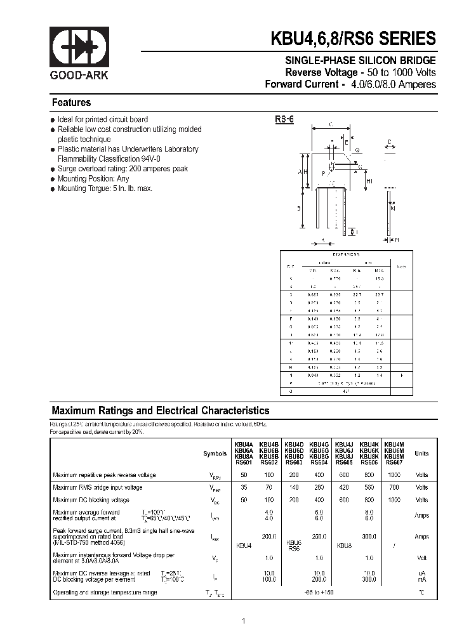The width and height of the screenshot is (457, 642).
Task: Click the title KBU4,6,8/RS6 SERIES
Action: click(x=354, y=39)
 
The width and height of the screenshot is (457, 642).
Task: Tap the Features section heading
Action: click(x=71, y=103)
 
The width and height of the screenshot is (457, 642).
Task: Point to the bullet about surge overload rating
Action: click(x=123, y=169)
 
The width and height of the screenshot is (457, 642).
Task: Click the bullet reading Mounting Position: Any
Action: click(x=93, y=179)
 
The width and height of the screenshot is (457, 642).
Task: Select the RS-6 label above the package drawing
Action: click(x=284, y=119)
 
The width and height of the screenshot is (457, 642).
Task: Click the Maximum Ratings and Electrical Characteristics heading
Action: click(x=160, y=411)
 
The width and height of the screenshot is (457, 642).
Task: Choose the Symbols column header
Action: click(x=215, y=454)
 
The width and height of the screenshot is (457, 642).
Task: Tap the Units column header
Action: click(x=421, y=454)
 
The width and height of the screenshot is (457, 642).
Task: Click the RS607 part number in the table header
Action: click(x=394, y=462)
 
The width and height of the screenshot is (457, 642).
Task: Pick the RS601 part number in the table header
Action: click(x=244, y=462)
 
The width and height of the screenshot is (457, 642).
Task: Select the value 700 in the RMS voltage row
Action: click(x=394, y=487)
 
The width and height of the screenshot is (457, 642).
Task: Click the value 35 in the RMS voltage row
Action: click(x=244, y=487)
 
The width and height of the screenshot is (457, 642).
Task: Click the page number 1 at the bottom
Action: click(x=243, y=621)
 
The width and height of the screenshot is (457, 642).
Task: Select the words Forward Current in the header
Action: click(x=301, y=84)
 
